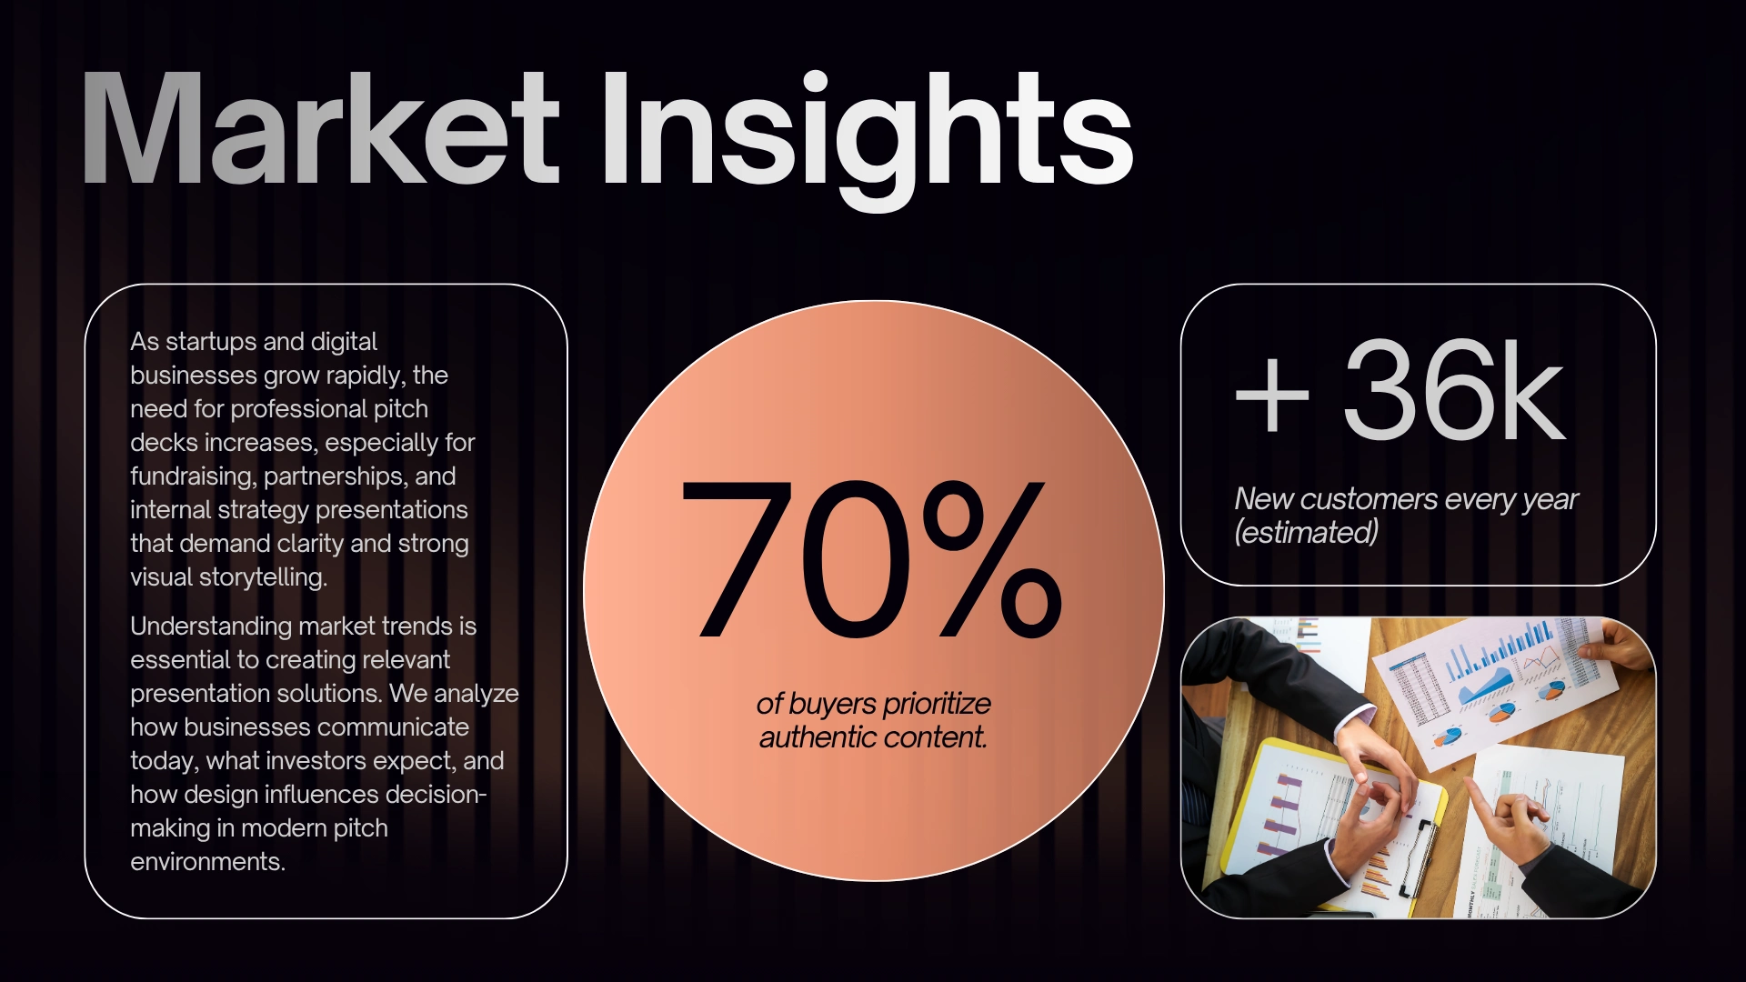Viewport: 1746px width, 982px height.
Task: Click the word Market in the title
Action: pos(320,130)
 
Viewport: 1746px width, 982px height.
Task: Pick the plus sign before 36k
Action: pos(1272,394)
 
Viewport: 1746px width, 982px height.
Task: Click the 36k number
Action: pos(1454,390)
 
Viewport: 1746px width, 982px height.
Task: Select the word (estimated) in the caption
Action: pos(1306,532)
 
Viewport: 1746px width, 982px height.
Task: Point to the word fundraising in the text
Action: pos(193,476)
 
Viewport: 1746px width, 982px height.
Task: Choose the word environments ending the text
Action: pos(207,862)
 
